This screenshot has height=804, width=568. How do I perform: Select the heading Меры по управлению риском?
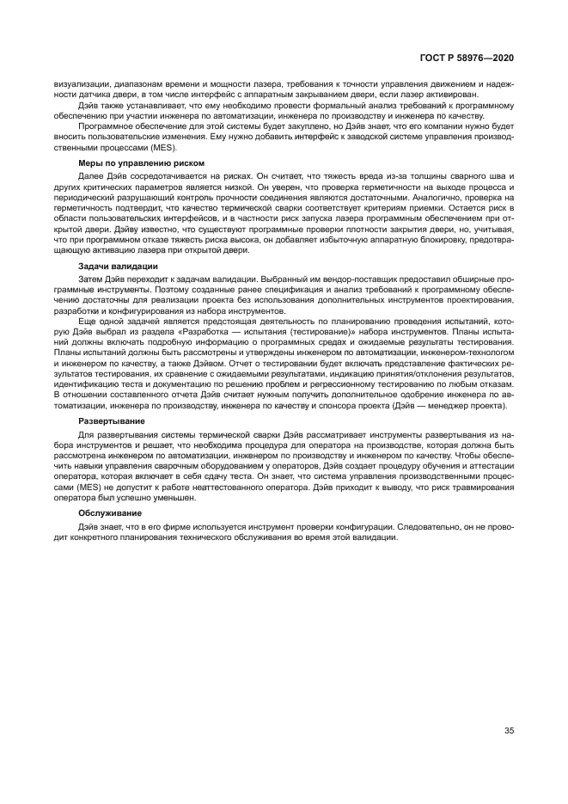point(129,162)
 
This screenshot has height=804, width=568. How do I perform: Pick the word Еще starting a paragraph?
point(88,319)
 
